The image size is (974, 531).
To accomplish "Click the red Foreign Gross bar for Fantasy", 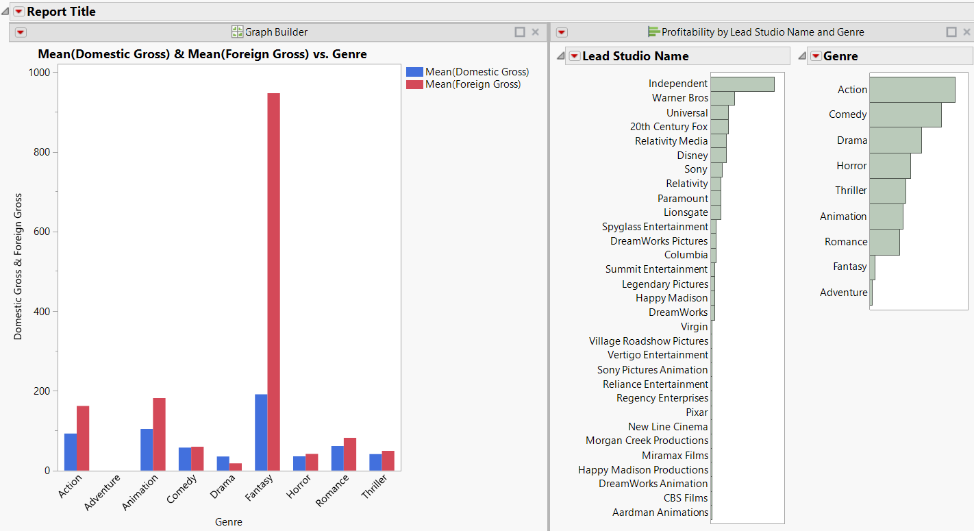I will tap(273, 281).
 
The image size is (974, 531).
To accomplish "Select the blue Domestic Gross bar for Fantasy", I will tap(261, 432).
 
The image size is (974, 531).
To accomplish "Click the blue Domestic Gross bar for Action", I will tap(71, 452).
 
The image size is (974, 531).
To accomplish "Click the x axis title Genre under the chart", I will tap(228, 522).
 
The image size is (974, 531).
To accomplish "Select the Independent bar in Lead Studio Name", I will tap(742, 84).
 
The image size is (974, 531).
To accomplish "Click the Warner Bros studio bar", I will tap(722, 98).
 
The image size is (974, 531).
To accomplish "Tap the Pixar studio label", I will tap(697, 412).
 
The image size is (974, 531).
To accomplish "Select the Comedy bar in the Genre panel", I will tap(905, 114).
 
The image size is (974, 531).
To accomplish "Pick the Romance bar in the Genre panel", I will tap(884, 242).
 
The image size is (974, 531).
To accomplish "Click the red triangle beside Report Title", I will tap(18, 12).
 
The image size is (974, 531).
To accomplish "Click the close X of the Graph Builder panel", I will tap(535, 32).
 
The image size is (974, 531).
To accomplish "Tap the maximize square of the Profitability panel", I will tap(951, 32).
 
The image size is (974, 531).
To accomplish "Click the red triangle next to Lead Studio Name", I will tap(574, 56).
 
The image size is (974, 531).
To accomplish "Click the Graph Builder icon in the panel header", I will tap(237, 32).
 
